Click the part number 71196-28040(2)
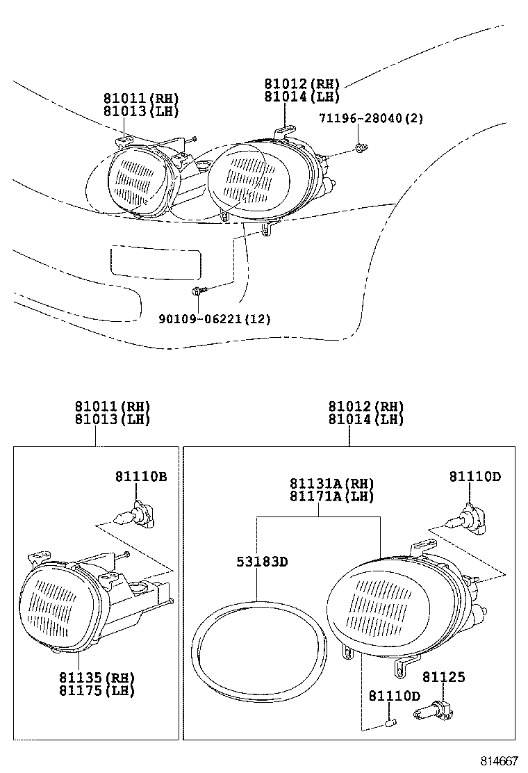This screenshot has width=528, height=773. (x=371, y=118)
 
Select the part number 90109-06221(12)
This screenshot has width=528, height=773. (x=215, y=319)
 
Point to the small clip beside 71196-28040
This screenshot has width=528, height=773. (x=360, y=147)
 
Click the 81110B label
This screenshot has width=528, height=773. (x=141, y=476)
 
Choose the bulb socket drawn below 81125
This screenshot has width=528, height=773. (x=430, y=710)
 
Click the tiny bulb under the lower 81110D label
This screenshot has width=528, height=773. (x=390, y=726)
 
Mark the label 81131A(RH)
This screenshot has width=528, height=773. (x=332, y=484)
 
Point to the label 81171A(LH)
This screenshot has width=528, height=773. (x=332, y=496)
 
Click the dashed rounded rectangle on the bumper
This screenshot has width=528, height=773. (x=155, y=262)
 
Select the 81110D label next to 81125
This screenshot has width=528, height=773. (x=394, y=696)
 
